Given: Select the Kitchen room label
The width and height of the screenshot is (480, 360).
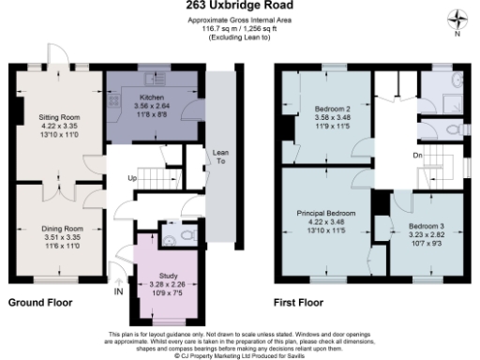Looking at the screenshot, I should coord(152,97).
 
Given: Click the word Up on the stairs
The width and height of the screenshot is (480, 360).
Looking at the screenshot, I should coord(132,178).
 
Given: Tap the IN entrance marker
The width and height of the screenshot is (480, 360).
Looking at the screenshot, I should coord(118,292).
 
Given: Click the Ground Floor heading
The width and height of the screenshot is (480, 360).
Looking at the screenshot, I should coord(39,304).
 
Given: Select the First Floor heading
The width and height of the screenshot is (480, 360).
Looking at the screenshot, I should coord(298,304).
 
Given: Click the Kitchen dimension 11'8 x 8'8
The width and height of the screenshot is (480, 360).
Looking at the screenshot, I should coord(152,112).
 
